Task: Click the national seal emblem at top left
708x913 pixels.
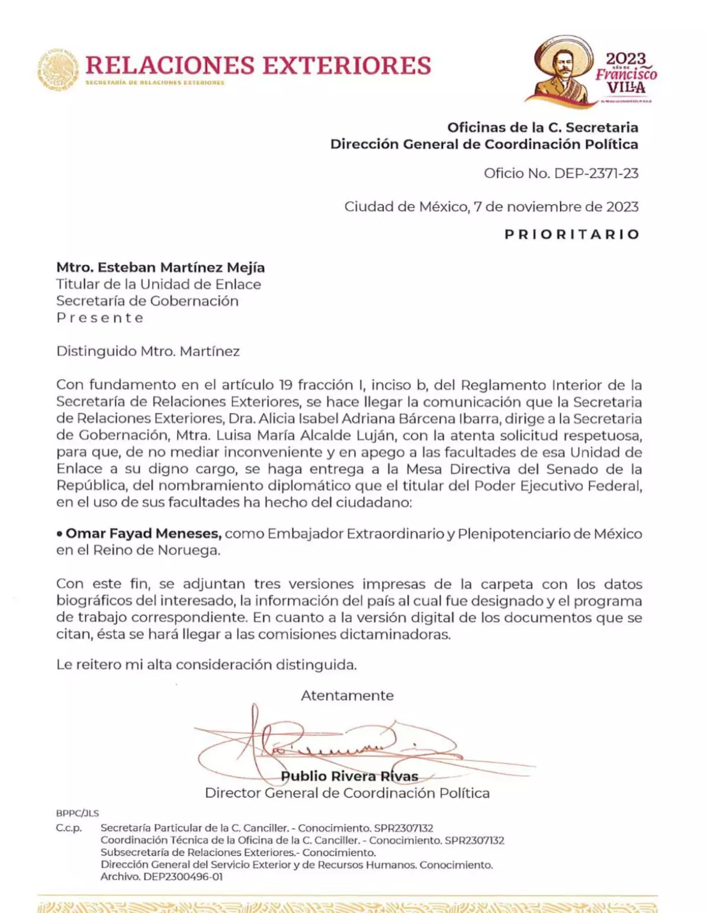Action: coord(58,70)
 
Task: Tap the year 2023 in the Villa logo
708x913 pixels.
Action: coord(625,59)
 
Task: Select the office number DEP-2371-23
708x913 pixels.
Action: coord(596,173)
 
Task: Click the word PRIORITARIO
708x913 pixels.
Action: coord(572,234)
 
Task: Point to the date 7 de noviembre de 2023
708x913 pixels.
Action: coord(556,207)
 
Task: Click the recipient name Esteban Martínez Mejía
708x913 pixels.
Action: coord(181,268)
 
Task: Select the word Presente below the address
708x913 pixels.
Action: coord(100,318)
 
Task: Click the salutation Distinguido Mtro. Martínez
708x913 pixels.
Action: coord(147,352)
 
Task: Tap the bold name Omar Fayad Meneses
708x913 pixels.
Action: coord(143,534)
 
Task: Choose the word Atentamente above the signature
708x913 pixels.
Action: coord(347,696)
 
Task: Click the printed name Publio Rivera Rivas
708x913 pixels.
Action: coord(349,776)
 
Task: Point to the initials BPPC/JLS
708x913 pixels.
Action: coord(77,813)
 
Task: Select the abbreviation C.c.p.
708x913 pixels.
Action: coord(69,828)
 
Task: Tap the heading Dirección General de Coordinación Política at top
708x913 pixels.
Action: coord(484,144)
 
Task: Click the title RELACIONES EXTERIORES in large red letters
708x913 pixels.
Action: coord(258,65)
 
